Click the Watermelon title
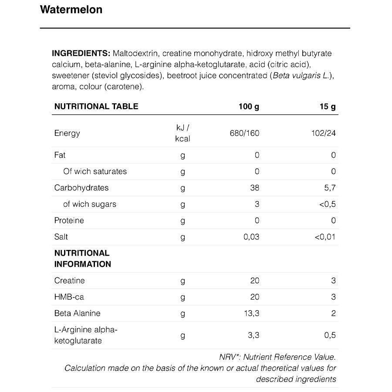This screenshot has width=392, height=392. click(71, 10)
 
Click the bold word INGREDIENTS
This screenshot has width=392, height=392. click(81, 54)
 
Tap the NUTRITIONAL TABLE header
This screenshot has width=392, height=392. click(96, 106)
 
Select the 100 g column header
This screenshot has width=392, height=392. click(249, 106)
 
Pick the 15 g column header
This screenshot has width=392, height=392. click(328, 106)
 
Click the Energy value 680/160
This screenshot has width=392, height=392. click(244, 133)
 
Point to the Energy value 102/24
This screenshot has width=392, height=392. click(324, 133)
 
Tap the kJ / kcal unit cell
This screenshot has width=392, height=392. click(182, 133)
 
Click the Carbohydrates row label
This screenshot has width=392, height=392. click(81, 188)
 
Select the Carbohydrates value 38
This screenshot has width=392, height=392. click(255, 188)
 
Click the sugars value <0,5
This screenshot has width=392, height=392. click(328, 204)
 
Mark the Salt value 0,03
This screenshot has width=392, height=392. click(252, 237)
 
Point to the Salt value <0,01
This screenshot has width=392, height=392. click(326, 237)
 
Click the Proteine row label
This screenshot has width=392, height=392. click(69, 220)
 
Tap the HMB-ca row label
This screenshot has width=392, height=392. click(69, 297)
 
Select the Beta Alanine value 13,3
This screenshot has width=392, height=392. click(252, 313)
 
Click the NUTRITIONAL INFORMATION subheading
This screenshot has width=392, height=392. click(82, 258)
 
